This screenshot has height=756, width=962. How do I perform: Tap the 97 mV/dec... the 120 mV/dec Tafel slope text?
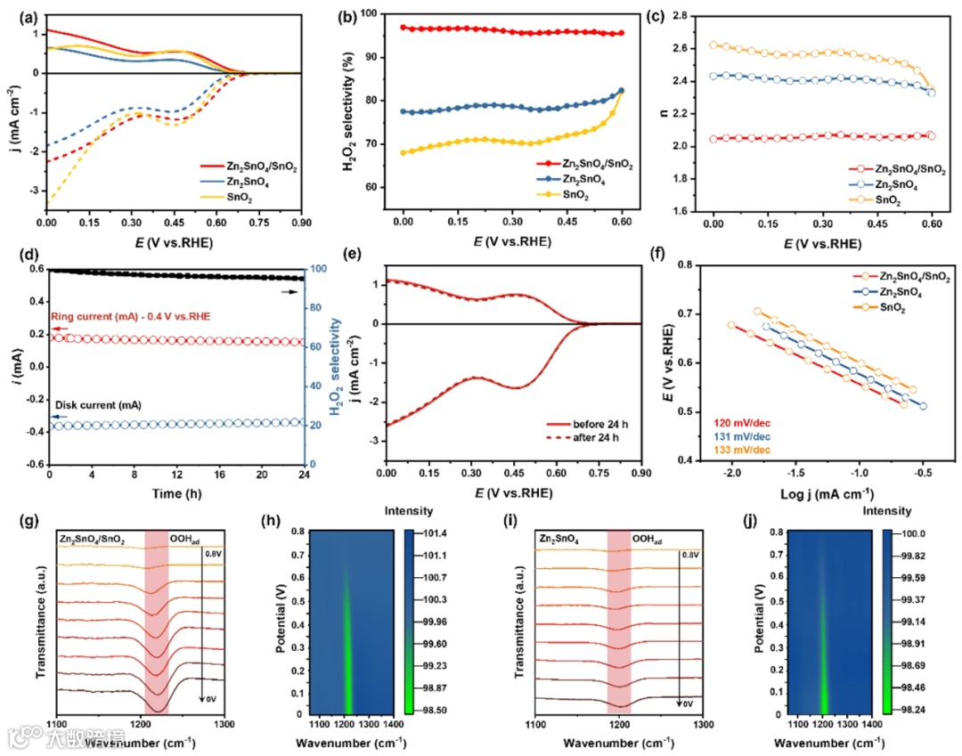point(740,415)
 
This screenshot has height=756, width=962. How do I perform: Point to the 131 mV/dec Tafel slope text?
point(740,430)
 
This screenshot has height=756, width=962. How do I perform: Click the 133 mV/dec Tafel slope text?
point(740,445)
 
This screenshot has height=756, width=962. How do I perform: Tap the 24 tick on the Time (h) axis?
point(303,476)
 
